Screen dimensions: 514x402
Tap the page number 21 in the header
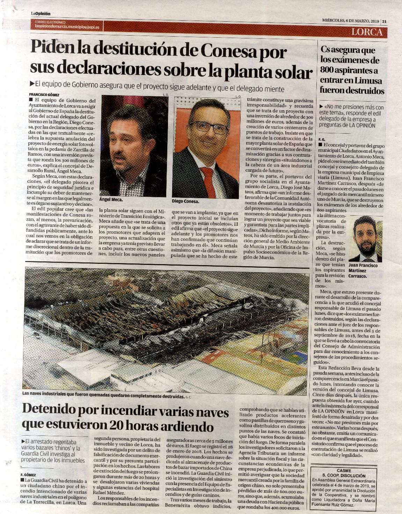click(384, 21)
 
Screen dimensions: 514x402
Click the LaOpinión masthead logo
click(40, 14)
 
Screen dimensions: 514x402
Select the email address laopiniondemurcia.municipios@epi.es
click(66, 27)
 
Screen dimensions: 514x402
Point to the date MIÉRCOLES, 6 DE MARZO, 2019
click(350, 21)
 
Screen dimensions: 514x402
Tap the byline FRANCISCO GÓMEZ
click(44, 95)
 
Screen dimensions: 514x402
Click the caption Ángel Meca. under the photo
click(111, 200)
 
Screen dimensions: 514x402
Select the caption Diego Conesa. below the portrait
click(185, 201)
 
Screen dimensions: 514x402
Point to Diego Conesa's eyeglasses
click(209, 127)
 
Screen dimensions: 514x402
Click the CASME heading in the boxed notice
click(344, 470)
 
